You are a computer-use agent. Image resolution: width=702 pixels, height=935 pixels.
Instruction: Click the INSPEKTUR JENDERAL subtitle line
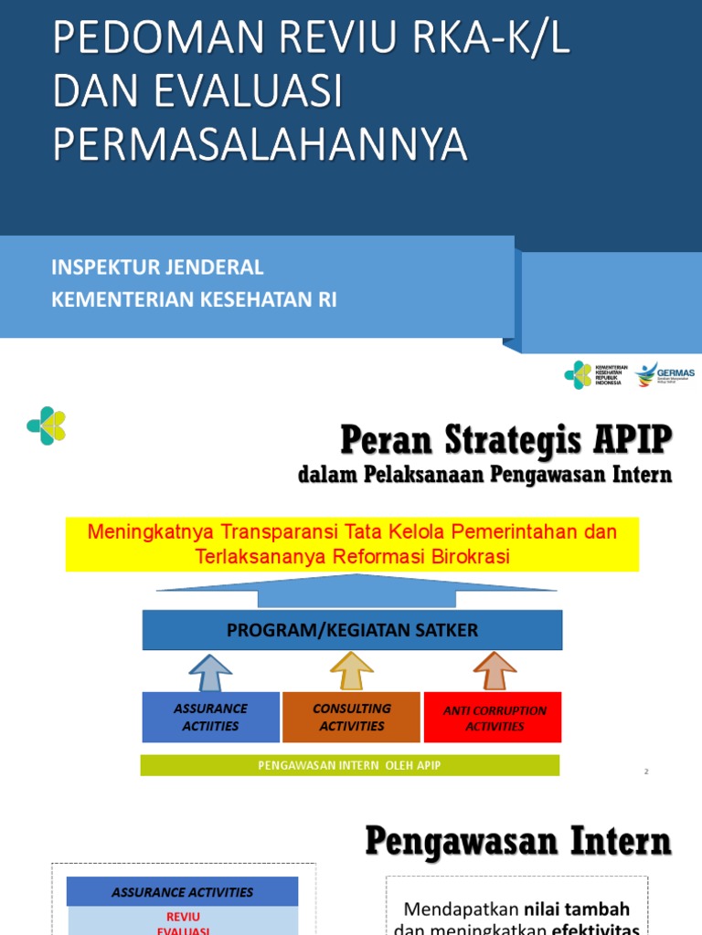(x=157, y=268)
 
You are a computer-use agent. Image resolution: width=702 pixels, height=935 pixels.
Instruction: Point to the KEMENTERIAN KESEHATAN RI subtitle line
(x=194, y=299)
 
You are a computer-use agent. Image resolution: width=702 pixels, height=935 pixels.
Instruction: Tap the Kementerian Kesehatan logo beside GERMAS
(x=594, y=374)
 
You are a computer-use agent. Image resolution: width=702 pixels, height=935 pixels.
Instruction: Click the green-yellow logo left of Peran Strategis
(x=47, y=425)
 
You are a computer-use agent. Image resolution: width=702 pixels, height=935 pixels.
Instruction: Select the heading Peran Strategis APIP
(x=505, y=440)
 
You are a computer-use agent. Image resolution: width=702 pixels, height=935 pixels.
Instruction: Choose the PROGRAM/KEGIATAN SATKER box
(x=352, y=630)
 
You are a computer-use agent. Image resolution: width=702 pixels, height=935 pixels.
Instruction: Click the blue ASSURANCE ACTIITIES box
(x=210, y=717)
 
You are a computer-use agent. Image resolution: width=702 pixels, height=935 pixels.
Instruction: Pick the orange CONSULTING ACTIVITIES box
(x=351, y=717)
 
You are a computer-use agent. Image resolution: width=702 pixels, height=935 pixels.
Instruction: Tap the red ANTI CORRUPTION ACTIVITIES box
(x=494, y=718)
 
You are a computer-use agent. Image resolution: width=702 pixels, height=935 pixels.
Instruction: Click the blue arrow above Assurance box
(x=210, y=672)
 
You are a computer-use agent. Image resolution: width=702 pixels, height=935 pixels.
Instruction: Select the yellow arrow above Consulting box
(x=352, y=672)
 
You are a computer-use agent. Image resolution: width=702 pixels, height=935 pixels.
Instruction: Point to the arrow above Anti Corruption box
(x=495, y=672)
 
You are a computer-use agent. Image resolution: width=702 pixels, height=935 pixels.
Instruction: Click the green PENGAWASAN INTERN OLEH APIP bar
(x=349, y=765)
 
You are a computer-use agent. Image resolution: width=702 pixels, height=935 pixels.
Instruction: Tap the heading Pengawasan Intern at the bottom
(x=518, y=841)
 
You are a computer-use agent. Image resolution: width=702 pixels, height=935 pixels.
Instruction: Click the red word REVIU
(x=183, y=916)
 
